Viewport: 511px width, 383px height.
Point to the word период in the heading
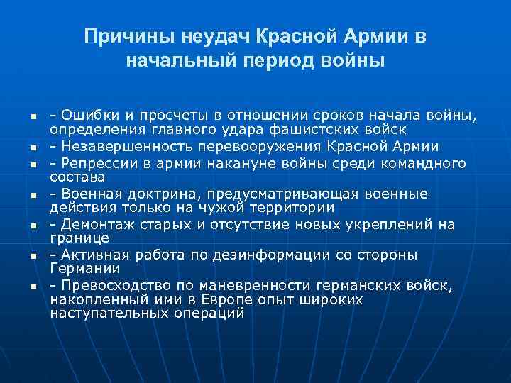coord(251,61)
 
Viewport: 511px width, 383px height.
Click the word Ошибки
coord(84,115)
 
